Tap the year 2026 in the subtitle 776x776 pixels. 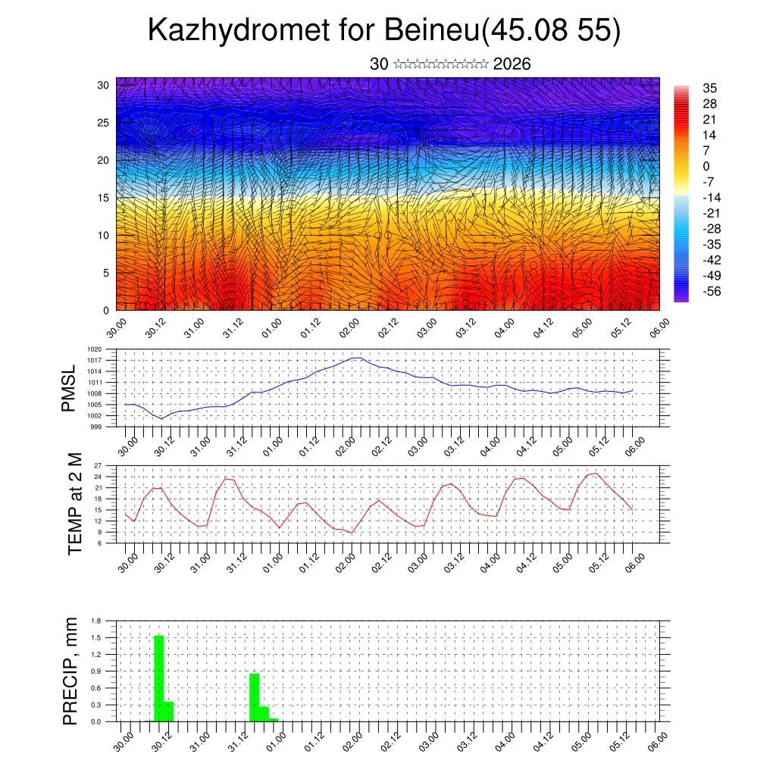point(512,64)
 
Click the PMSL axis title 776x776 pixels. point(69,389)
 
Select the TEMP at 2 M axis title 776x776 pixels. point(75,504)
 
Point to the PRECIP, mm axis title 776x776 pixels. point(70,671)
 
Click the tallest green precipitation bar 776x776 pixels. point(159,678)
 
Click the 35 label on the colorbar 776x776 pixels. point(710,88)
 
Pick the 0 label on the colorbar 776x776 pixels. point(706,166)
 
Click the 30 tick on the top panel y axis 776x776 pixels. point(103,85)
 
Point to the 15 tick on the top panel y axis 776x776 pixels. point(103,198)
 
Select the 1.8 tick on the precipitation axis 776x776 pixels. point(96,621)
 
